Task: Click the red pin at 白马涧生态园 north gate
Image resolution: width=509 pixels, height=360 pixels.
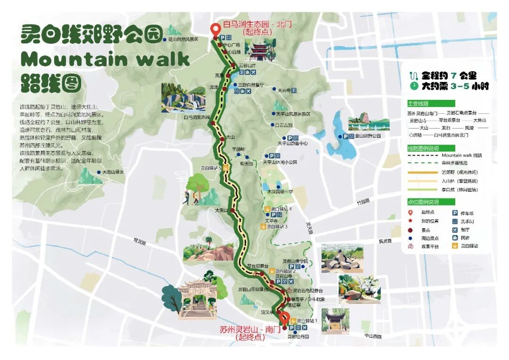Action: (x=216, y=29)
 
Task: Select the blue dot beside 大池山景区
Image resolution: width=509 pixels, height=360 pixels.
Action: (x=99, y=172)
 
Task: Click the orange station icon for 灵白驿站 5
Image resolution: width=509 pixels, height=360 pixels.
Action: (x=226, y=167)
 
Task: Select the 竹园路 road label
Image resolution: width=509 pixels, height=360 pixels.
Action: (x=363, y=201)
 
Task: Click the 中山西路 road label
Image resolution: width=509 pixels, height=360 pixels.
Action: (x=372, y=336)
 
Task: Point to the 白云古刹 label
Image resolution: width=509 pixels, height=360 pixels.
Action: (x=284, y=125)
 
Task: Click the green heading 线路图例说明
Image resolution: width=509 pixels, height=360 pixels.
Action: (x=423, y=148)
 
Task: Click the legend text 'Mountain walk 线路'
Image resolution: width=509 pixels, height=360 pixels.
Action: (x=461, y=155)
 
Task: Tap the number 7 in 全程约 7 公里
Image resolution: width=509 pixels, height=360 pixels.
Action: (x=453, y=75)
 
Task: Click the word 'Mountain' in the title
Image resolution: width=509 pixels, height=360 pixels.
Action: (x=74, y=60)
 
